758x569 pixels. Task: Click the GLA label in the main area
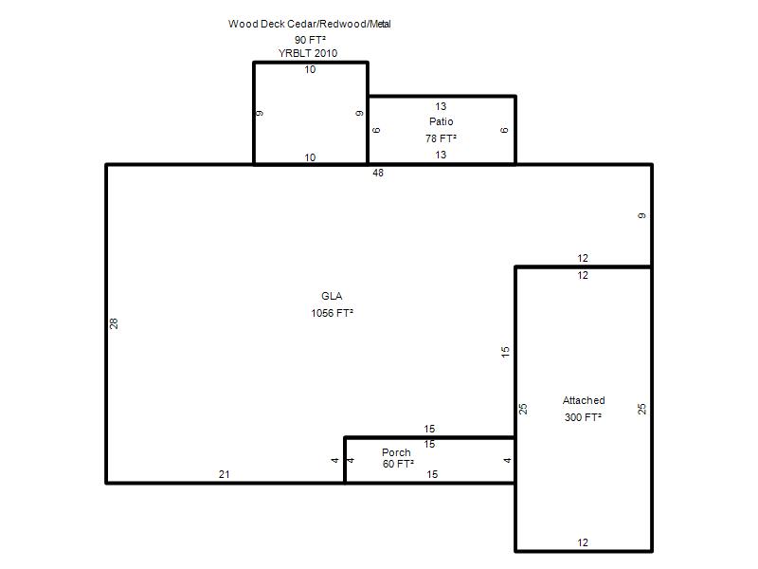click(x=332, y=296)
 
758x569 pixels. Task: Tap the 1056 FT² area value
click(x=333, y=313)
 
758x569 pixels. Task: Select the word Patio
click(x=441, y=121)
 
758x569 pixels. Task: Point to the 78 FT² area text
click(x=441, y=138)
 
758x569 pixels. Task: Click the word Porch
click(x=396, y=452)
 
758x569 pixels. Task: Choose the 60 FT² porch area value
click(x=398, y=464)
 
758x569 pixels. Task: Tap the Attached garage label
click(x=584, y=400)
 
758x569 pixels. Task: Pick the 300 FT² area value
click(x=583, y=417)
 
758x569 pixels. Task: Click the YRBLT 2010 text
click(x=308, y=53)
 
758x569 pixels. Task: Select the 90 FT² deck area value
click(x=310, y=40)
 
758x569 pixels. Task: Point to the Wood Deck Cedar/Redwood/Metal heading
click(x=310, y=24)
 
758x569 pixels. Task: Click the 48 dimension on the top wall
click(x=378, y=173)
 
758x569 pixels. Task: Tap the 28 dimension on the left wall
click(x=114, y=323)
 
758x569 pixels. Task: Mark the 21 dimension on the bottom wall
click(x=225, y=475)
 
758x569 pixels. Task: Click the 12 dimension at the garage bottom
click(x=583, y=542)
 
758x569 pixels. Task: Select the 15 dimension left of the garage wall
click(x=505, y=352)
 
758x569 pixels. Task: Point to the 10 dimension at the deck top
click(x=310, y=69)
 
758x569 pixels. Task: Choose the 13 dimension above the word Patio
click(x=441, y=106)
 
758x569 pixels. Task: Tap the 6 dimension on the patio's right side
click(x=504, y=130)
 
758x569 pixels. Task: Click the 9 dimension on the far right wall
click(x=641, y=215)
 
